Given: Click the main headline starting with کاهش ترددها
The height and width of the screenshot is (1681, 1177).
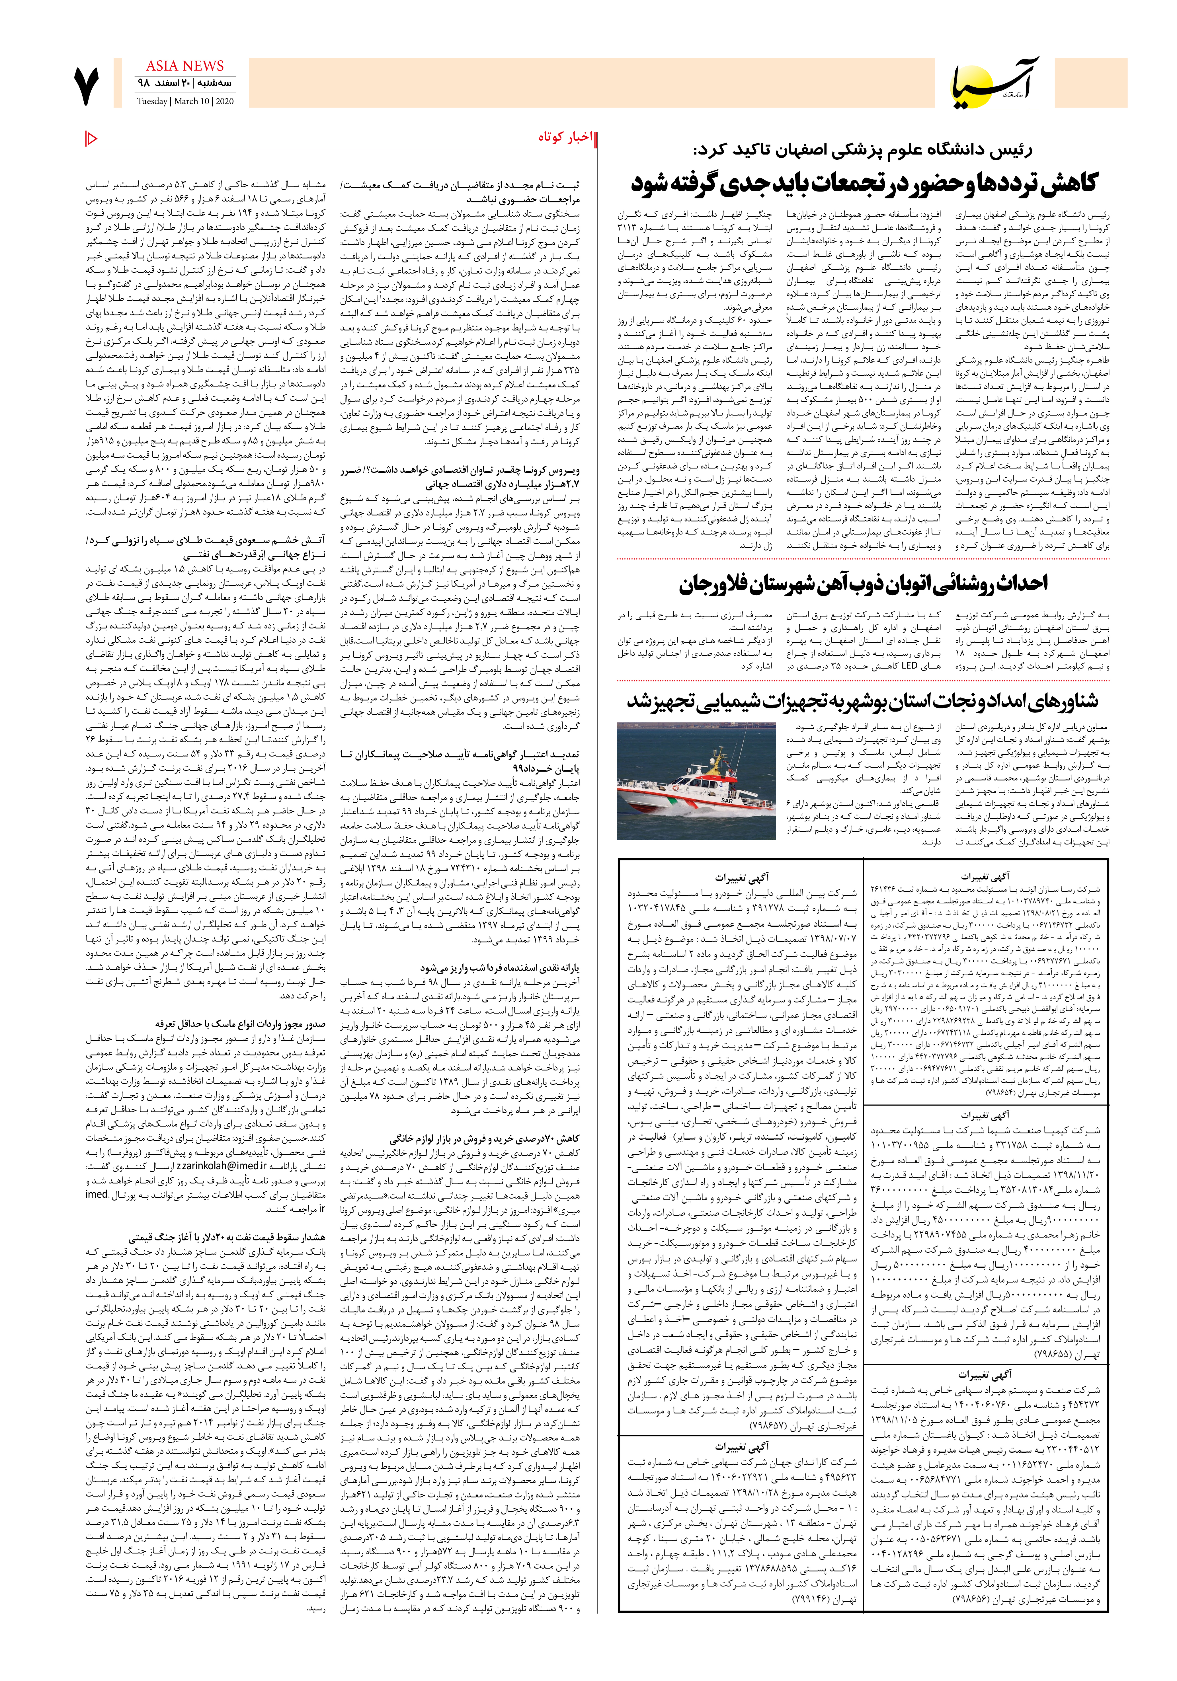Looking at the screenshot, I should pos(864,183).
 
